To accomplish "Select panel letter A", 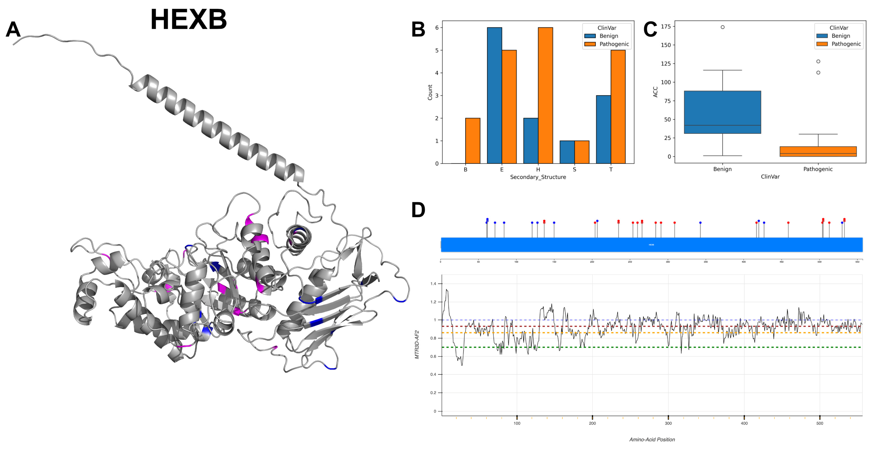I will coord(13,29).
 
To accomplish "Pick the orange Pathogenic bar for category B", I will coord(472,141).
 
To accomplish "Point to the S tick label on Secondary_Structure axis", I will coord(574,169).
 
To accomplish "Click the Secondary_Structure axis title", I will coord(538,177).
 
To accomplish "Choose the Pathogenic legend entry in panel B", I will coord(614,44).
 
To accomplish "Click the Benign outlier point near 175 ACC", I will coord(722,27).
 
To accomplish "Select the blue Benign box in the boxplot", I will coord(722,112).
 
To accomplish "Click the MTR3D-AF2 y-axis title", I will coord(417,344).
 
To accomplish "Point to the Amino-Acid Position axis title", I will coord(652,439).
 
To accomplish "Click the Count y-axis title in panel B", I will coord(430,92).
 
